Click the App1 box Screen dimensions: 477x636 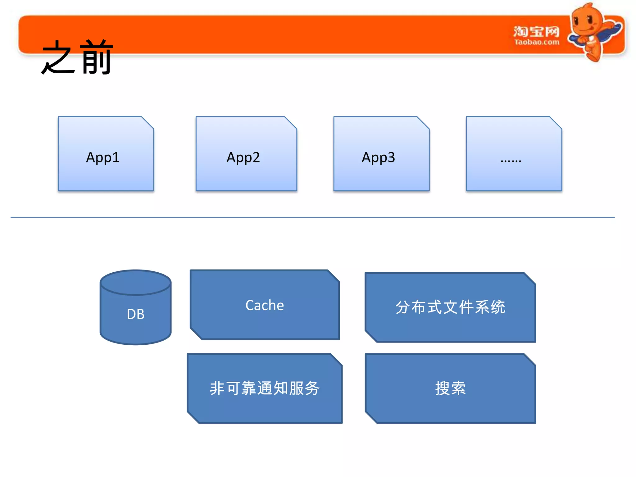click(x=106, y=154)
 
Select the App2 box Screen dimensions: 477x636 click(x=246, y=154)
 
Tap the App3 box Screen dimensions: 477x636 click(x=381, y=154)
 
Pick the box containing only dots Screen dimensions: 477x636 click(x=514, y=154)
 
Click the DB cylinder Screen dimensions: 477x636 click(x=135, y=314)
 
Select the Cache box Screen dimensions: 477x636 click(x=265, y=305)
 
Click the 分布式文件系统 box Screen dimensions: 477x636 click(x=450, y=307)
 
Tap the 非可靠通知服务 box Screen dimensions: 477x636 click(x=265, y=388)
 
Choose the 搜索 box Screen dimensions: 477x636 click(x=450, y=388)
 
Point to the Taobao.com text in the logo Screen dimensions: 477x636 click(x=537, y=42)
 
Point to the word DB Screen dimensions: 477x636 click(x=135, y=314)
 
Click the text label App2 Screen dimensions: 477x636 click(x=243, y=157)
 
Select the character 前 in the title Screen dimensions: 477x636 click(x=96, y=58)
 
